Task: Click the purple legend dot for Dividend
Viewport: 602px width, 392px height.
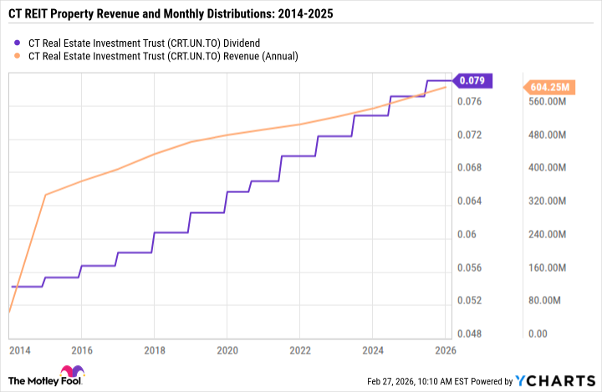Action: coord(18,42)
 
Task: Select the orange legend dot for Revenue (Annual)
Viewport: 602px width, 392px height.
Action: coord(18,56)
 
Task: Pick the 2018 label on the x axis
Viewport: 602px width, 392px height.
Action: coord(153,350)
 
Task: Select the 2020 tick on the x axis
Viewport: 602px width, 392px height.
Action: coord(227,350)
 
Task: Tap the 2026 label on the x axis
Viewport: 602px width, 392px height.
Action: coord(444,350)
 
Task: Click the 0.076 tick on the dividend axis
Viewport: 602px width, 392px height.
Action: coord(471,102)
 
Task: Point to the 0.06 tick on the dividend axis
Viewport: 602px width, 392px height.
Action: coord(467,235)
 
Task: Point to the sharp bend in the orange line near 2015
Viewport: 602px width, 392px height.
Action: coord(45,195)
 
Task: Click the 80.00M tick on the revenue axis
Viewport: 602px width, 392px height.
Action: coord(544,301)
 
